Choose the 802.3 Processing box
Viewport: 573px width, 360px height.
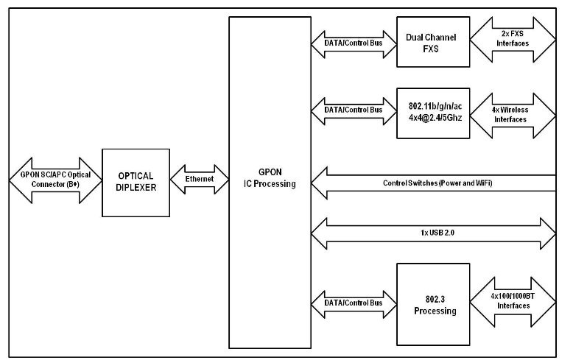pos(432,306)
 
